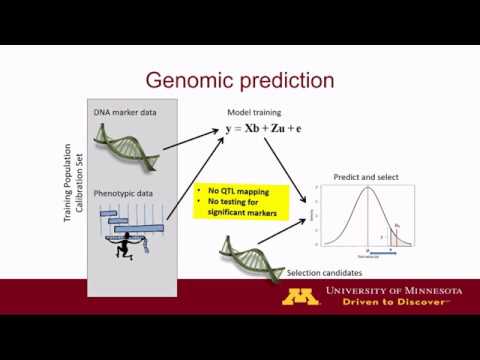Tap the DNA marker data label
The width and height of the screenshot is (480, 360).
coord(126,112)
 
